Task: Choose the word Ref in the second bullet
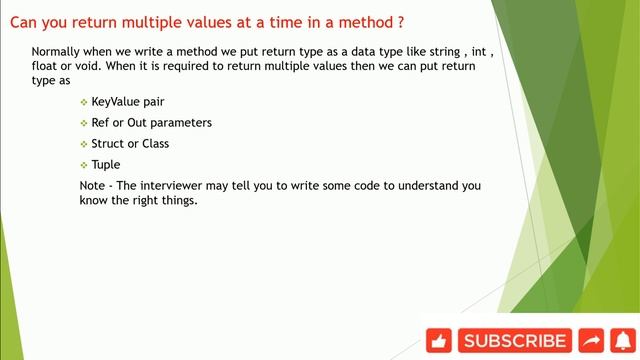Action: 101,123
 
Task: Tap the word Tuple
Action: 105,164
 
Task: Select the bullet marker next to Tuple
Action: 83,165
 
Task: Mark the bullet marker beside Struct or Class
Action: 83,144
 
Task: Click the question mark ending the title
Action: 400,20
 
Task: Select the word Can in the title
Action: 24,20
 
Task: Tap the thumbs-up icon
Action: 440,341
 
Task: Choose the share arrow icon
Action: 591,341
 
